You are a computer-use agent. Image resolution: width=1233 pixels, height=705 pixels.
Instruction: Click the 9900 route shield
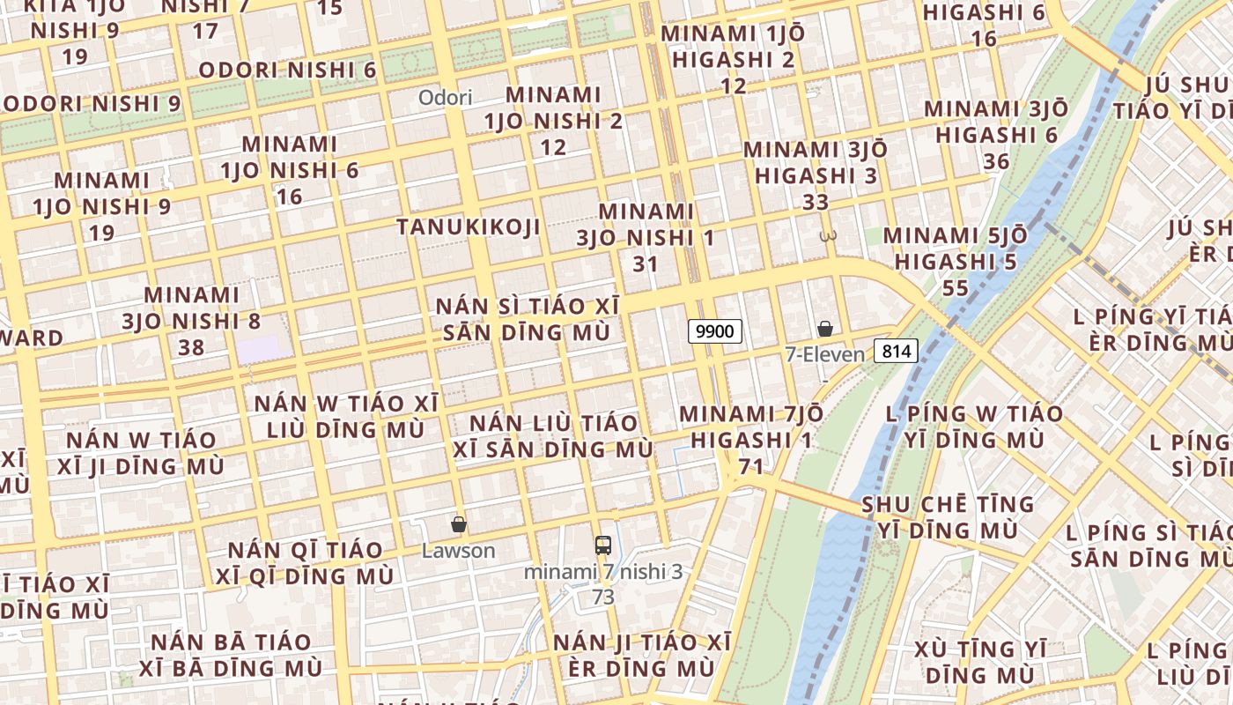714,331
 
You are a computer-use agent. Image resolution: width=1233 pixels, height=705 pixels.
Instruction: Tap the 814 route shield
896,351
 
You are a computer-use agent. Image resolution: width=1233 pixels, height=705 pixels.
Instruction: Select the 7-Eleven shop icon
825,329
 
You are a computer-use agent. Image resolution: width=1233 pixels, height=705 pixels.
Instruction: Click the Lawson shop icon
458,524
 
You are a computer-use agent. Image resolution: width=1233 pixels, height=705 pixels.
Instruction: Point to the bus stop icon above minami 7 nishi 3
603,545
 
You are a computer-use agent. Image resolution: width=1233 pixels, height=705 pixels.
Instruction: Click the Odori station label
445,97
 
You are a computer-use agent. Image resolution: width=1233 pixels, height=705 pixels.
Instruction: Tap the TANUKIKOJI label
468,226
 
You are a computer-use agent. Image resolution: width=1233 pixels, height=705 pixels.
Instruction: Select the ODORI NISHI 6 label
288,70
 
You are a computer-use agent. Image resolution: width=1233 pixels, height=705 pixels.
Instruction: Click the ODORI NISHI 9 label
91,103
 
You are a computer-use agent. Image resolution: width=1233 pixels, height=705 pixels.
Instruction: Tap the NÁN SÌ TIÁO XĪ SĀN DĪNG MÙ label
528,319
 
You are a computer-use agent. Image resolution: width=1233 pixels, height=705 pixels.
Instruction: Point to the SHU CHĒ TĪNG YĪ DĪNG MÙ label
948,517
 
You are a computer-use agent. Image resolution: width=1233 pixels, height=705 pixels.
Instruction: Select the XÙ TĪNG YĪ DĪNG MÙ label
980,662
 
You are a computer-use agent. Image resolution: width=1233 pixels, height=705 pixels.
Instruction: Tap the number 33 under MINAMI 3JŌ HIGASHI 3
816,202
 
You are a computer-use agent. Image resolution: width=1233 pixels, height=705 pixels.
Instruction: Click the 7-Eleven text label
825,354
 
